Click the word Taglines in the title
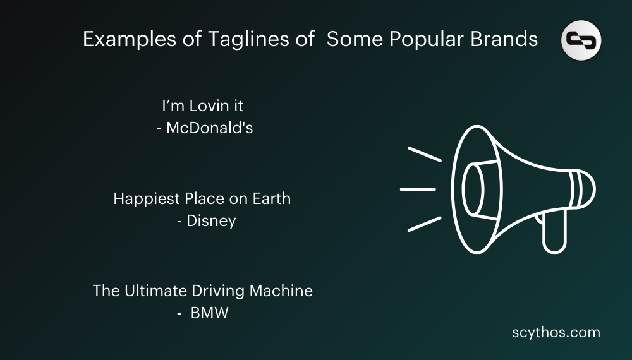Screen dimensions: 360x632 coord(239,40)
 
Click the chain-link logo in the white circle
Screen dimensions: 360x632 coord(581,40)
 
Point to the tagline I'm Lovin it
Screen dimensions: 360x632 coord(202,105)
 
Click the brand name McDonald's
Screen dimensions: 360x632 coord(210,128)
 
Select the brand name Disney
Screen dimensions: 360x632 coord(211,222)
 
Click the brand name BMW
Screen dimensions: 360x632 coord(209,313)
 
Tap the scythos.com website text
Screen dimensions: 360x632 coord(556,332)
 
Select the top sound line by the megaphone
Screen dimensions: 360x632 coord(424,155)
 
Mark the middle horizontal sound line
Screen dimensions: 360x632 coord(418,189)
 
